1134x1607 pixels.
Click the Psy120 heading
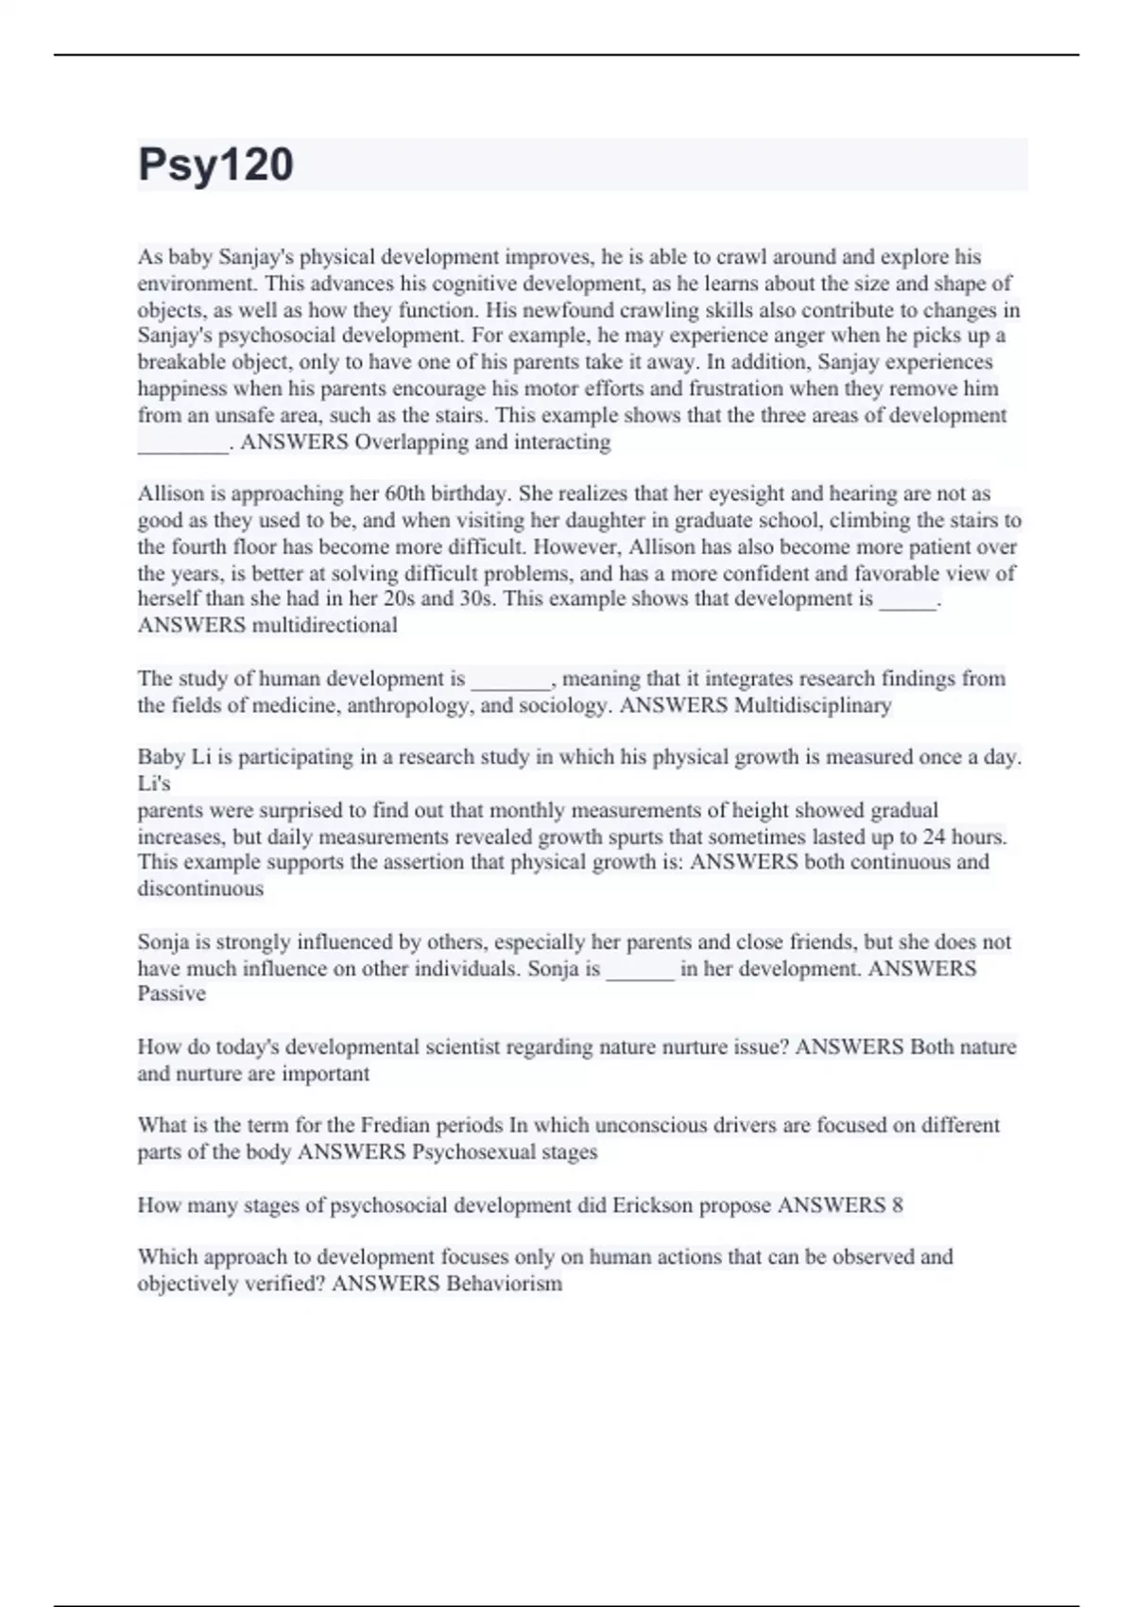[x=216, y=164]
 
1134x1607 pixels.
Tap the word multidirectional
[x=324, y=625]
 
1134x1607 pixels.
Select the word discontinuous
[x=200, y=889]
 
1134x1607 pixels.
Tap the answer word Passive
[x=171, y=994]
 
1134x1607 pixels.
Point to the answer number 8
[x=897, y=1205]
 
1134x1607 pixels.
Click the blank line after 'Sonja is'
[x=640, y=970]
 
